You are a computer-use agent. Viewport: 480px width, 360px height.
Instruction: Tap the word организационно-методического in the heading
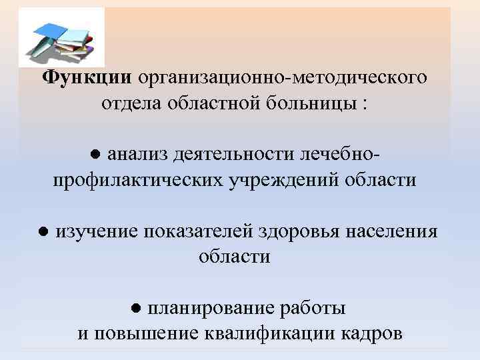coord(283,79)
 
